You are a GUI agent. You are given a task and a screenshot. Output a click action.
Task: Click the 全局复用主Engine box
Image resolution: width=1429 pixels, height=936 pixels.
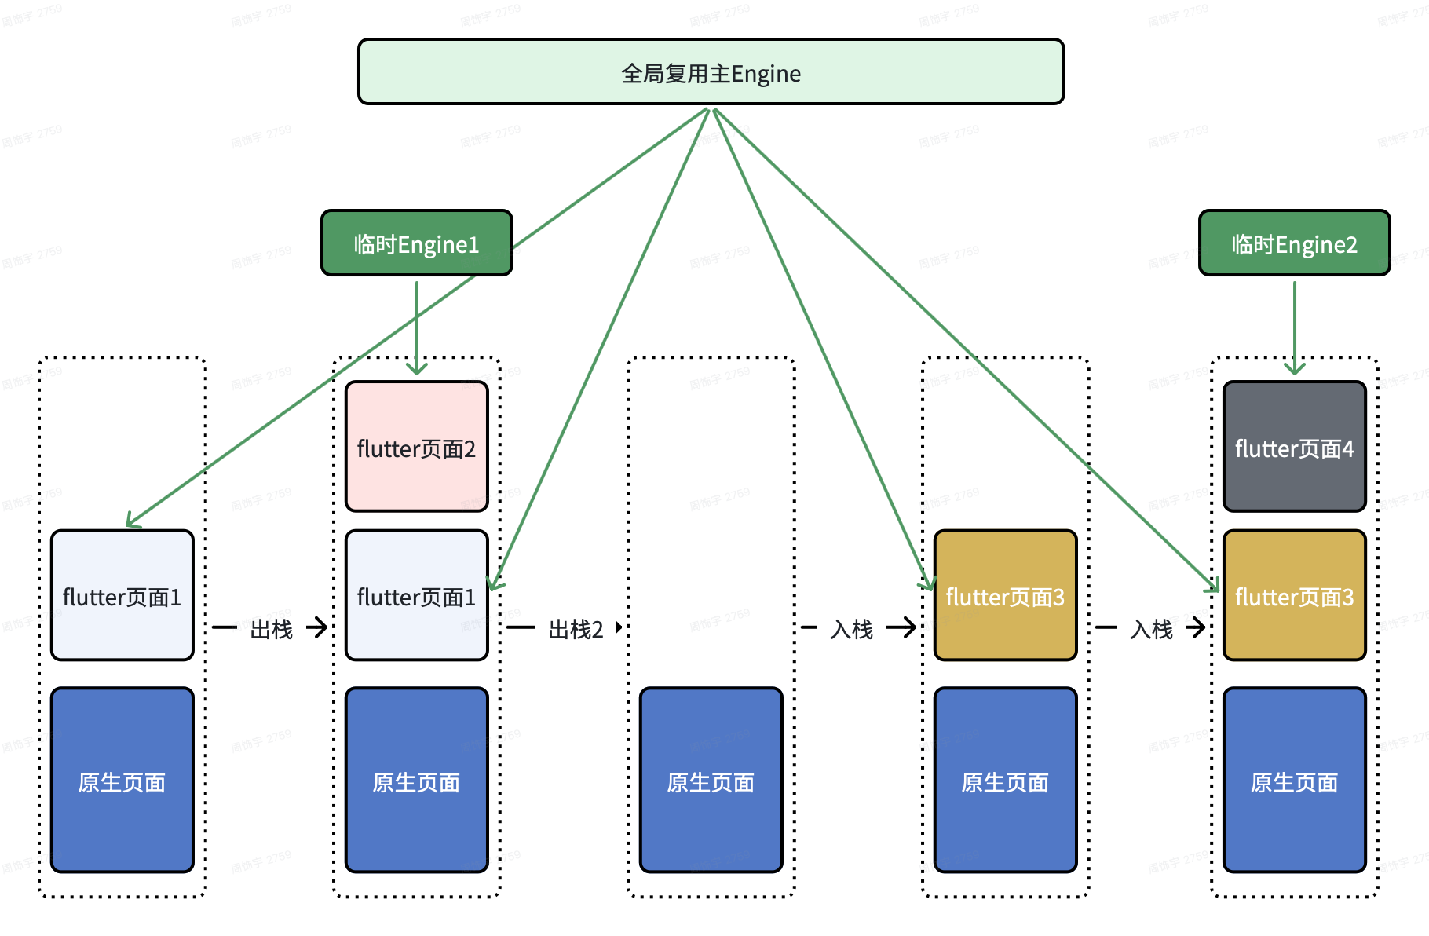pos(711,72)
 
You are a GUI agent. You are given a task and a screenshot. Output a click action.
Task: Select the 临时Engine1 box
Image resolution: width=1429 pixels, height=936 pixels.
pos(416,243)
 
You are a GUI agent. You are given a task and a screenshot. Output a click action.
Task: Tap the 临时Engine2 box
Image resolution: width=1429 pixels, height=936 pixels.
pos(1294,243)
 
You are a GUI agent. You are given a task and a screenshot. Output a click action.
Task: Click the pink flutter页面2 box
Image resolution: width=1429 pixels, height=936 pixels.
pos(416,447)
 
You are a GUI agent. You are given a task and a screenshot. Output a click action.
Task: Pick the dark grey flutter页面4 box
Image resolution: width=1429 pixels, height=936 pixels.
pos(1294,447)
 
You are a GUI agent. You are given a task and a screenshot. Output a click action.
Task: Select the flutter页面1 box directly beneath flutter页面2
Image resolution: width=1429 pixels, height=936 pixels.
pos(416,596)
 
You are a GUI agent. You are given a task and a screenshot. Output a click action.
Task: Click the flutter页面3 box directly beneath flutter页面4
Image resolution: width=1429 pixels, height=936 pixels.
pos(1294,596)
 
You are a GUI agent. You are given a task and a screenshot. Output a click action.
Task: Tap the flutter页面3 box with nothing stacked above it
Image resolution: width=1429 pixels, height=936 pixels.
pos(1005,596)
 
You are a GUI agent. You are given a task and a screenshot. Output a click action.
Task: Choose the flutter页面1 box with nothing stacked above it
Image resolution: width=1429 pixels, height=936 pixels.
pos(122,596)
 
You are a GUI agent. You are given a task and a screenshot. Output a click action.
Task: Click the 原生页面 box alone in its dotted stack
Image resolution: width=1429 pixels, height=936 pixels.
pos(711,781)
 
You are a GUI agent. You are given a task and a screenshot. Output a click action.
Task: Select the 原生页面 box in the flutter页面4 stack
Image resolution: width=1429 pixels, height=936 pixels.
pos(1294,781)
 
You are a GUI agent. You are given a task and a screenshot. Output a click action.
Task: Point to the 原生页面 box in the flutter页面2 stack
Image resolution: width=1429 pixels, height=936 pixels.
pos(416,781)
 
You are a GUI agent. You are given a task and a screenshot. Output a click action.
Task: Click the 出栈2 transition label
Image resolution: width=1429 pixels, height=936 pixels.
pos(576,629)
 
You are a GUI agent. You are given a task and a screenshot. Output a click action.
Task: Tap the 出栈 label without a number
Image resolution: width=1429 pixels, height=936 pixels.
pos(271,629)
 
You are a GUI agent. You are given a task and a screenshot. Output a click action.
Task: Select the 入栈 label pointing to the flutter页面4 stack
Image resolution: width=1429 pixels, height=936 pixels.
pos(1151,629)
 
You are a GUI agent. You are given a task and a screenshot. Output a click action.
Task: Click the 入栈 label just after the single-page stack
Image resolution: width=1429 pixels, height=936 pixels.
pos(852,629)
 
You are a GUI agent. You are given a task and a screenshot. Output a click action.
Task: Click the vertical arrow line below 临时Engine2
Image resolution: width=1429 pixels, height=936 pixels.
pos(1295,322)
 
